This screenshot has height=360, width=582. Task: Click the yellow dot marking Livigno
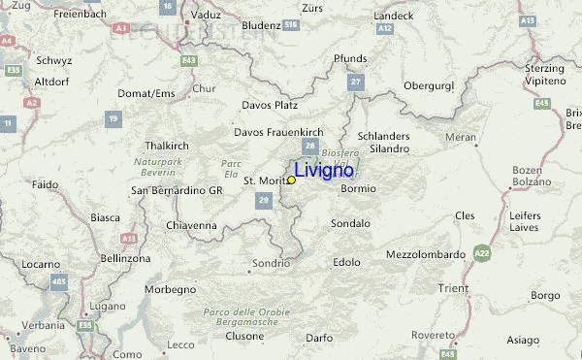[291, 180]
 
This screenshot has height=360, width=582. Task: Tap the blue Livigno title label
[324, 171]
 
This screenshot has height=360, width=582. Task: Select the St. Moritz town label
[263, 180]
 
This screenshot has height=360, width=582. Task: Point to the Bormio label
[358, 188]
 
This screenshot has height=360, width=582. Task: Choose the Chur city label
[203, 88]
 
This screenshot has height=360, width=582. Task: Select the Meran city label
[461, 138]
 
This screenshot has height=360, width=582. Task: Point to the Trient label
[453, 288]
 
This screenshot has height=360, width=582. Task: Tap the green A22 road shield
[482, 253]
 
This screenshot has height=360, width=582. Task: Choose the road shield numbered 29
[263, 200]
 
